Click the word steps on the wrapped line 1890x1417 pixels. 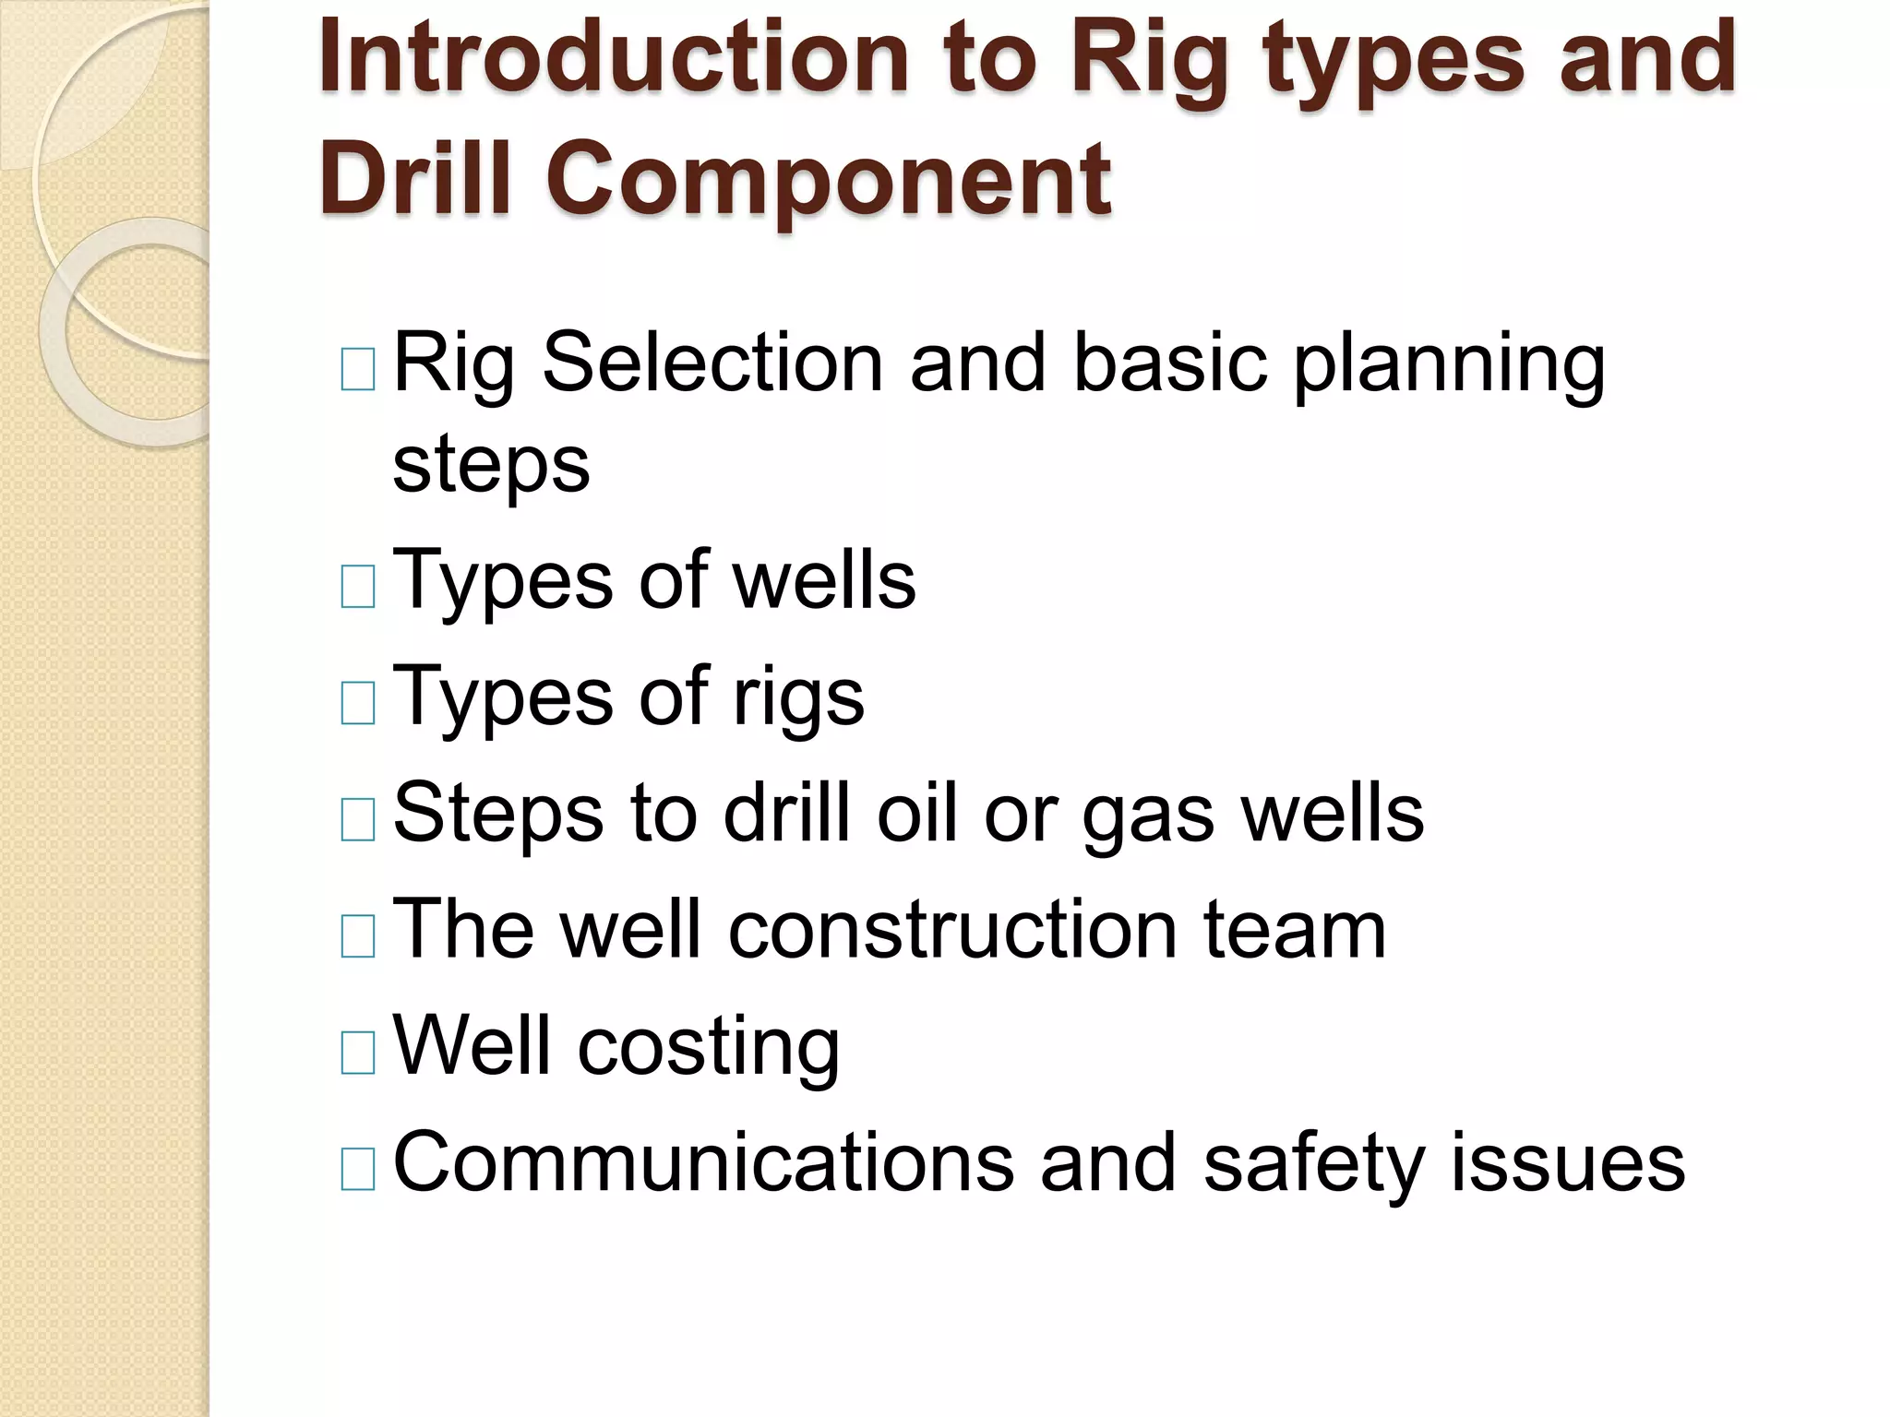tap(491, 466)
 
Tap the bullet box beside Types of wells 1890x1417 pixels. tap(358, 586)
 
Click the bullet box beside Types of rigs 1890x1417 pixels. tap(358, 702)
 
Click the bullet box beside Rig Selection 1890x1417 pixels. tap(358, 369)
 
